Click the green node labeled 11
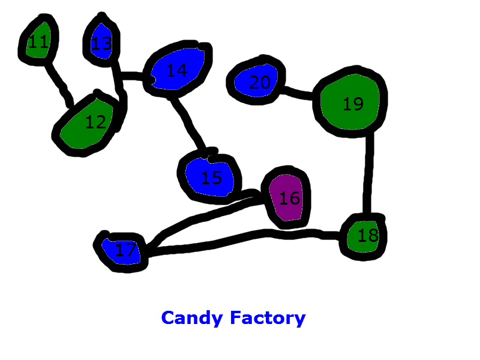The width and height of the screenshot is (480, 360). [x=39, y=41]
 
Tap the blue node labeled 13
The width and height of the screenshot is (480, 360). [x=101, y=43]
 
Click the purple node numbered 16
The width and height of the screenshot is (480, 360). [x=288, y=198]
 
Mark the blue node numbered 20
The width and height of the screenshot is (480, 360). [x=258, y=82]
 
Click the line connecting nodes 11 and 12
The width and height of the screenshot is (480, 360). [x=59, y=83]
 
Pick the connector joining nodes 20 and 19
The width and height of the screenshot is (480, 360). [x=298, y=93]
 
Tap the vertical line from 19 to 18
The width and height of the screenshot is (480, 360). [x=369, y=174]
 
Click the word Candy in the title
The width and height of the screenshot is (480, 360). [x=192, y=318]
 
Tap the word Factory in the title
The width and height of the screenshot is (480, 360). [x=268, y=318]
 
